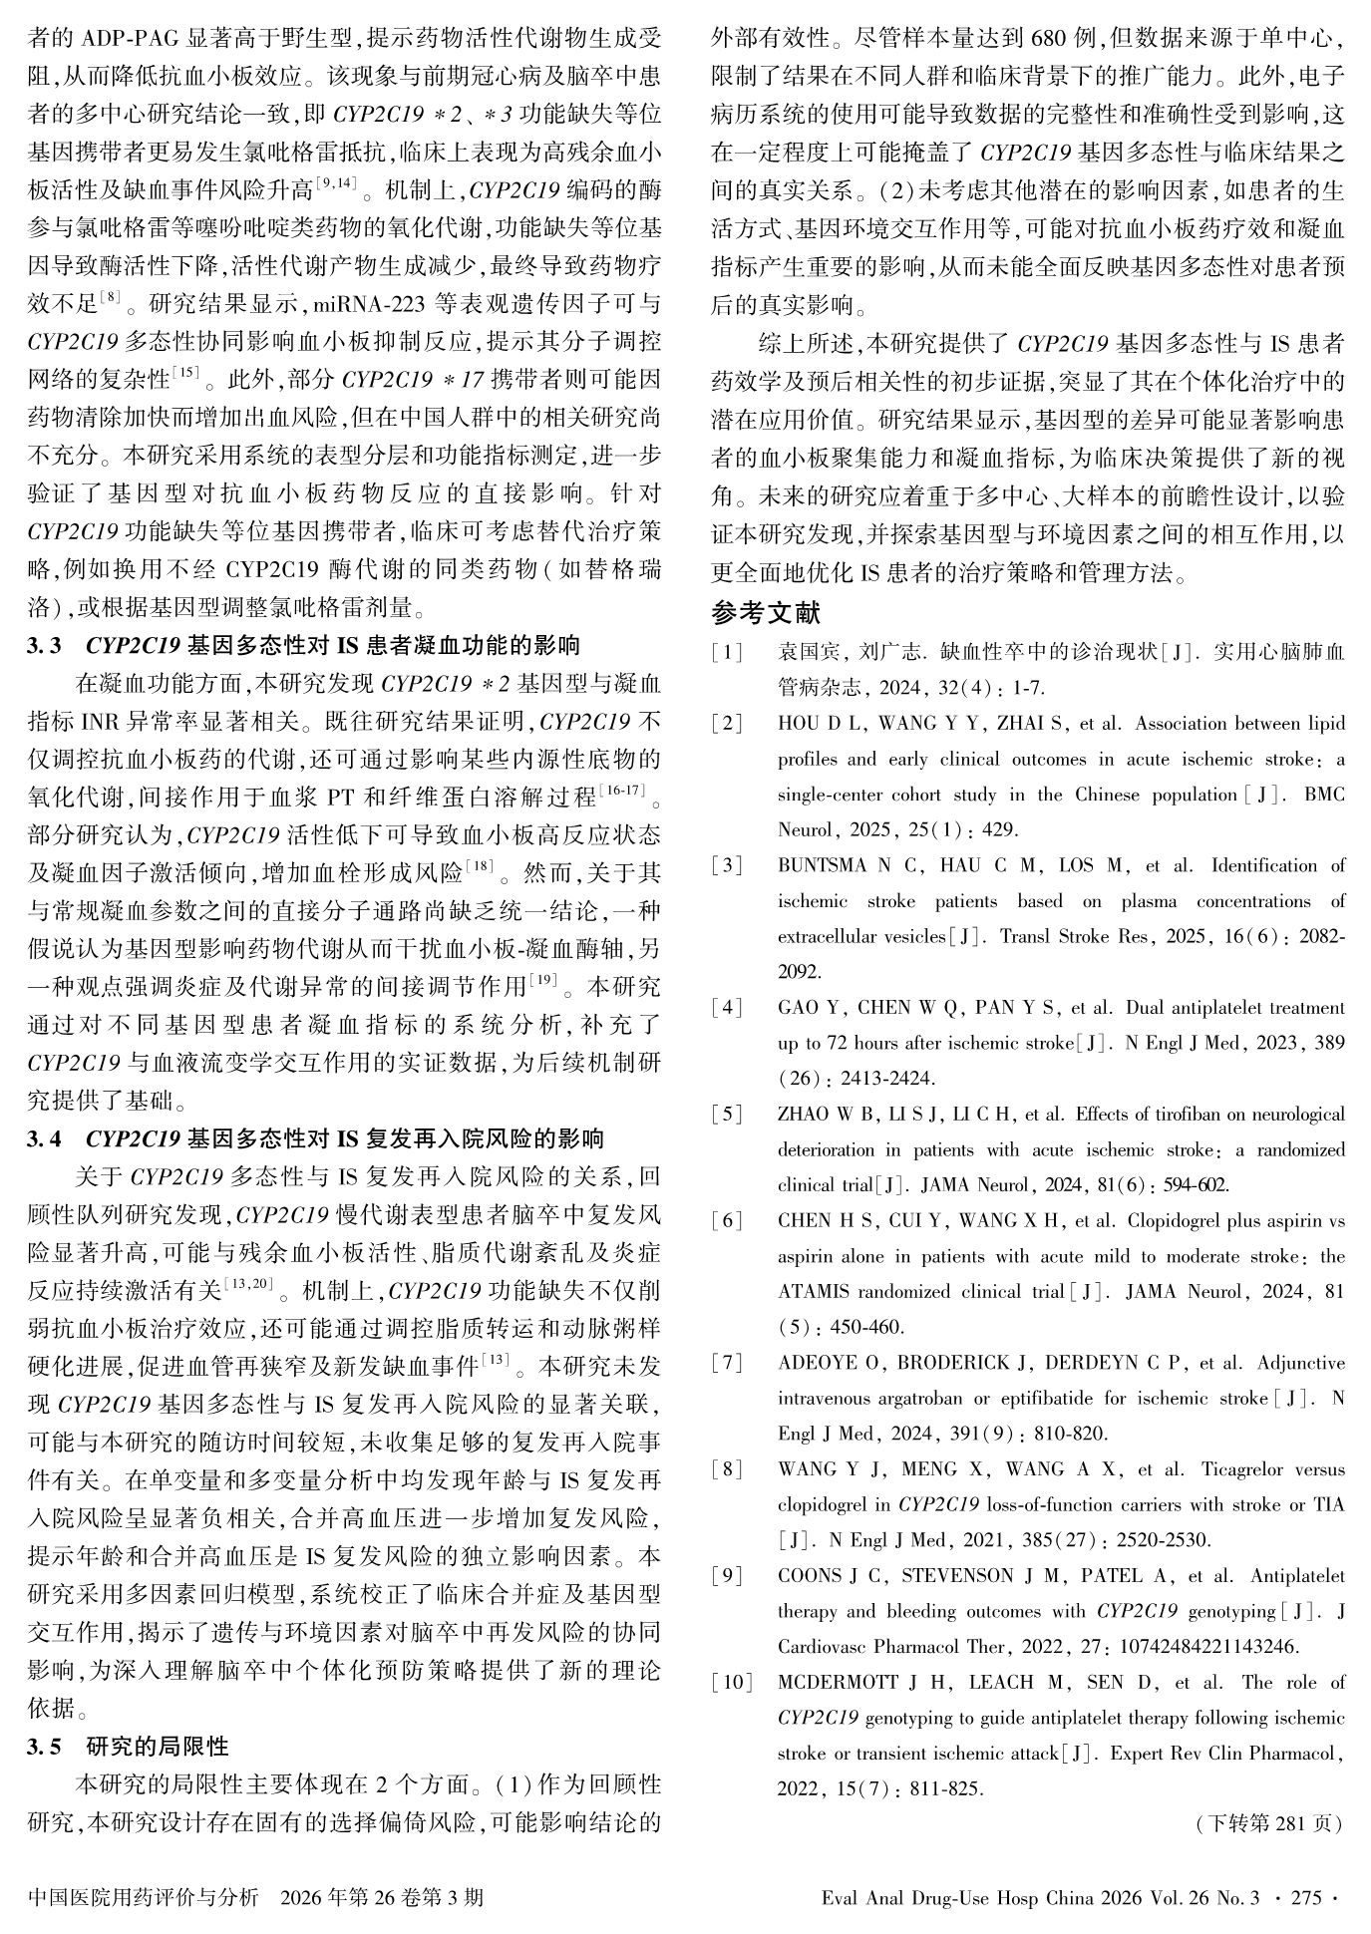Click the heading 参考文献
pyautogui.click(x=766, y=611)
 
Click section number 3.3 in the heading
pyautogui.click(x=44, y=646)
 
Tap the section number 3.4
pyautogui.click(x=44, y=1138)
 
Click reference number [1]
pyautogui.click(x=728, y=653)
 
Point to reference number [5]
pyautogui.click(x=728, y=1115)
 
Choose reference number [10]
pyautogui.click(x=731, y=1683)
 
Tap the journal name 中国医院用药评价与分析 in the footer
pyautogui.click(x=145, y=1897)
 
